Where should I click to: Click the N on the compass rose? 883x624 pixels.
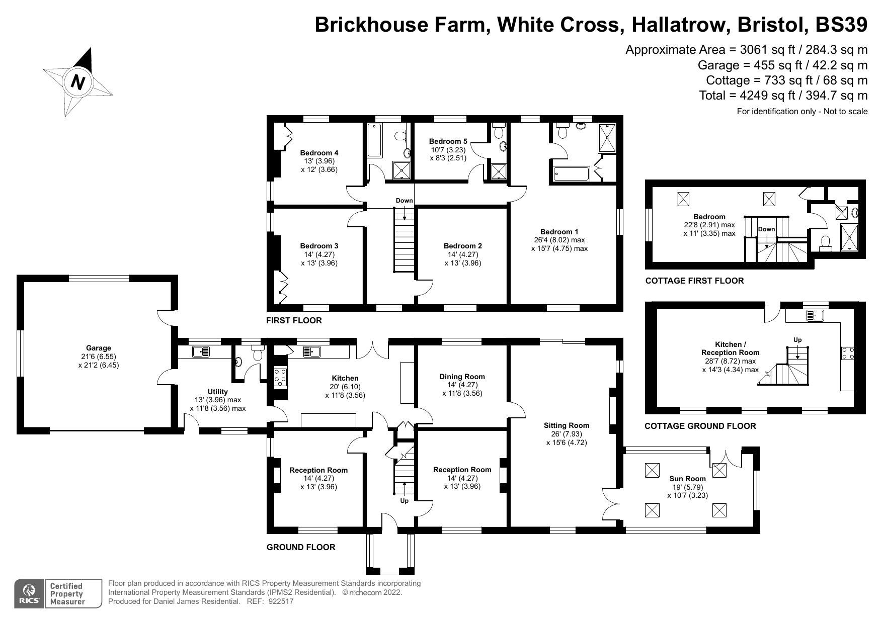pyautogui.click(x=78, y=81)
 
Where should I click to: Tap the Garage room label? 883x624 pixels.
pyautogui.click(x=98, y=348)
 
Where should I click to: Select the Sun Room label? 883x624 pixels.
pyautogui.click(x=687, y=479)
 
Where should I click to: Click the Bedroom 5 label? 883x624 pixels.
pyautogui.click(x=448, y=141)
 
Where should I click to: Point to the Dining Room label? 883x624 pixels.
pyautogui.click(x=462, y=377)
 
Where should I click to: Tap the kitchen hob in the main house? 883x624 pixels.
pyautogui.click(x=280, y=377)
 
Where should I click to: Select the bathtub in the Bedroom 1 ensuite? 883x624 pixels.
pyautogui.click(x=571, y=174)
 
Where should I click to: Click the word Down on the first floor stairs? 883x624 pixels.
pyautogui.click(x=404, y=200)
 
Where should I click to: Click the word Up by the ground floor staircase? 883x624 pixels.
pyautogui.click(x=404, y=501)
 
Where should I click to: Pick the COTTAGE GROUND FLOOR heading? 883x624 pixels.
pyautogui.click(x=700, y=426)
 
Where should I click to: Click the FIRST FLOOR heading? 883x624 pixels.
pyautogui.click(x=294, y=320)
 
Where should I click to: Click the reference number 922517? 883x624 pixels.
pyautogui.click(x=281, y=601)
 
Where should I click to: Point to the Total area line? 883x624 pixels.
pyautogui.click(x=783, y=96)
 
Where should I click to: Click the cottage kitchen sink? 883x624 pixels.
pyautogui.click(x=814, y=316)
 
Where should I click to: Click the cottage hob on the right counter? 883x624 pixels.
pyautogui.click(x=847, y=353)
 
